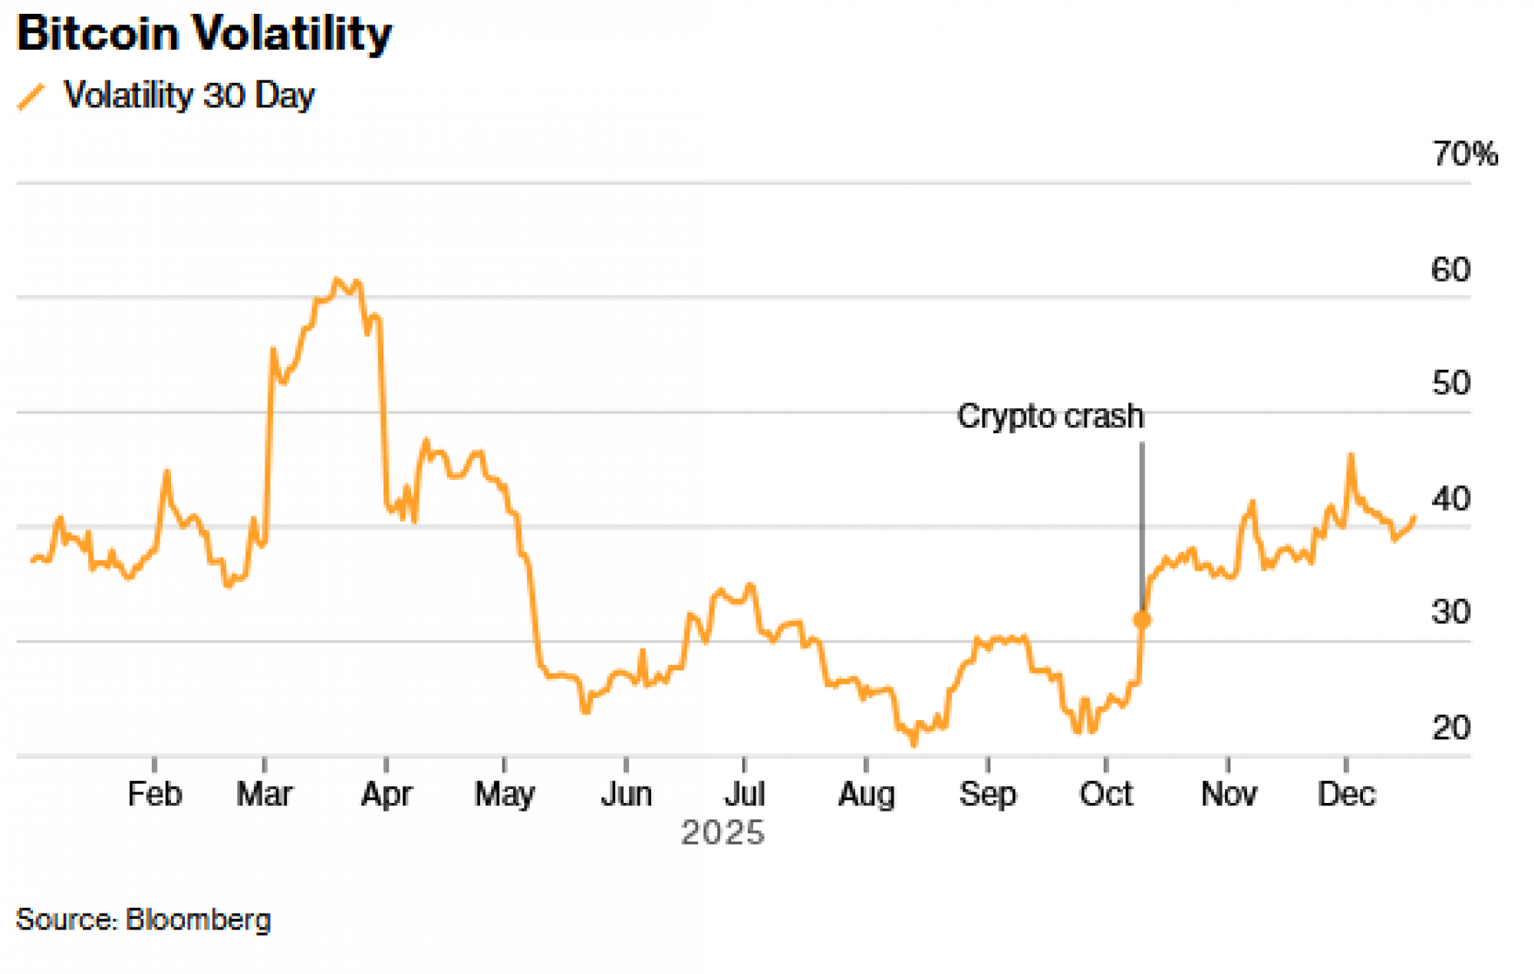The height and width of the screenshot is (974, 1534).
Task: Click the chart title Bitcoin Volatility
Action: (204, 34)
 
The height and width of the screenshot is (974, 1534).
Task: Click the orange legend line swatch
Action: (31, 97)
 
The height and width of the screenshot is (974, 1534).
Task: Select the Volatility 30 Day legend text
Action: (189, 96)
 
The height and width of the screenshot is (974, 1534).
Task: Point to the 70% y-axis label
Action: (1464, 154)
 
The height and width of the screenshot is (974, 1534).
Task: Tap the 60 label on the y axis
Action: (1450, 270)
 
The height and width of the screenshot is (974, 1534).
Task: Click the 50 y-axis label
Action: (1450, 383)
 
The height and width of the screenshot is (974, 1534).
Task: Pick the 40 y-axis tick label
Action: (1450, 499)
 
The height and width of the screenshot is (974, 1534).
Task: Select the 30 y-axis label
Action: (1450, 612)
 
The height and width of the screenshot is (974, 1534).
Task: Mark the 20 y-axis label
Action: (1450, 727)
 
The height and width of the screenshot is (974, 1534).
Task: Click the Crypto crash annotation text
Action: (1050, 416)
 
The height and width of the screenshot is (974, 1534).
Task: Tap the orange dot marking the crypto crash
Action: (1141, 619)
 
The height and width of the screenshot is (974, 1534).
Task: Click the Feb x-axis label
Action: (154, 794)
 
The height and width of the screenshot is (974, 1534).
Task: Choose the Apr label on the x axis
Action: (386, 794)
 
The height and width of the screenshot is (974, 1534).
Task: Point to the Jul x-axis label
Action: (744, 794)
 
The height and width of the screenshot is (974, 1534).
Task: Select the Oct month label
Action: (1105, 794)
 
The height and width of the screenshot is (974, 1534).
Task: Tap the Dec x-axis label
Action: (1346, 794)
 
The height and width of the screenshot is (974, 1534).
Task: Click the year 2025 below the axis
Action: (723, 833)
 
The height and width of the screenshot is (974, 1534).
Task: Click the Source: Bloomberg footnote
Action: (143, 919)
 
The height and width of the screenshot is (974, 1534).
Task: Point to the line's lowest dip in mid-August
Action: (913, 743)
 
